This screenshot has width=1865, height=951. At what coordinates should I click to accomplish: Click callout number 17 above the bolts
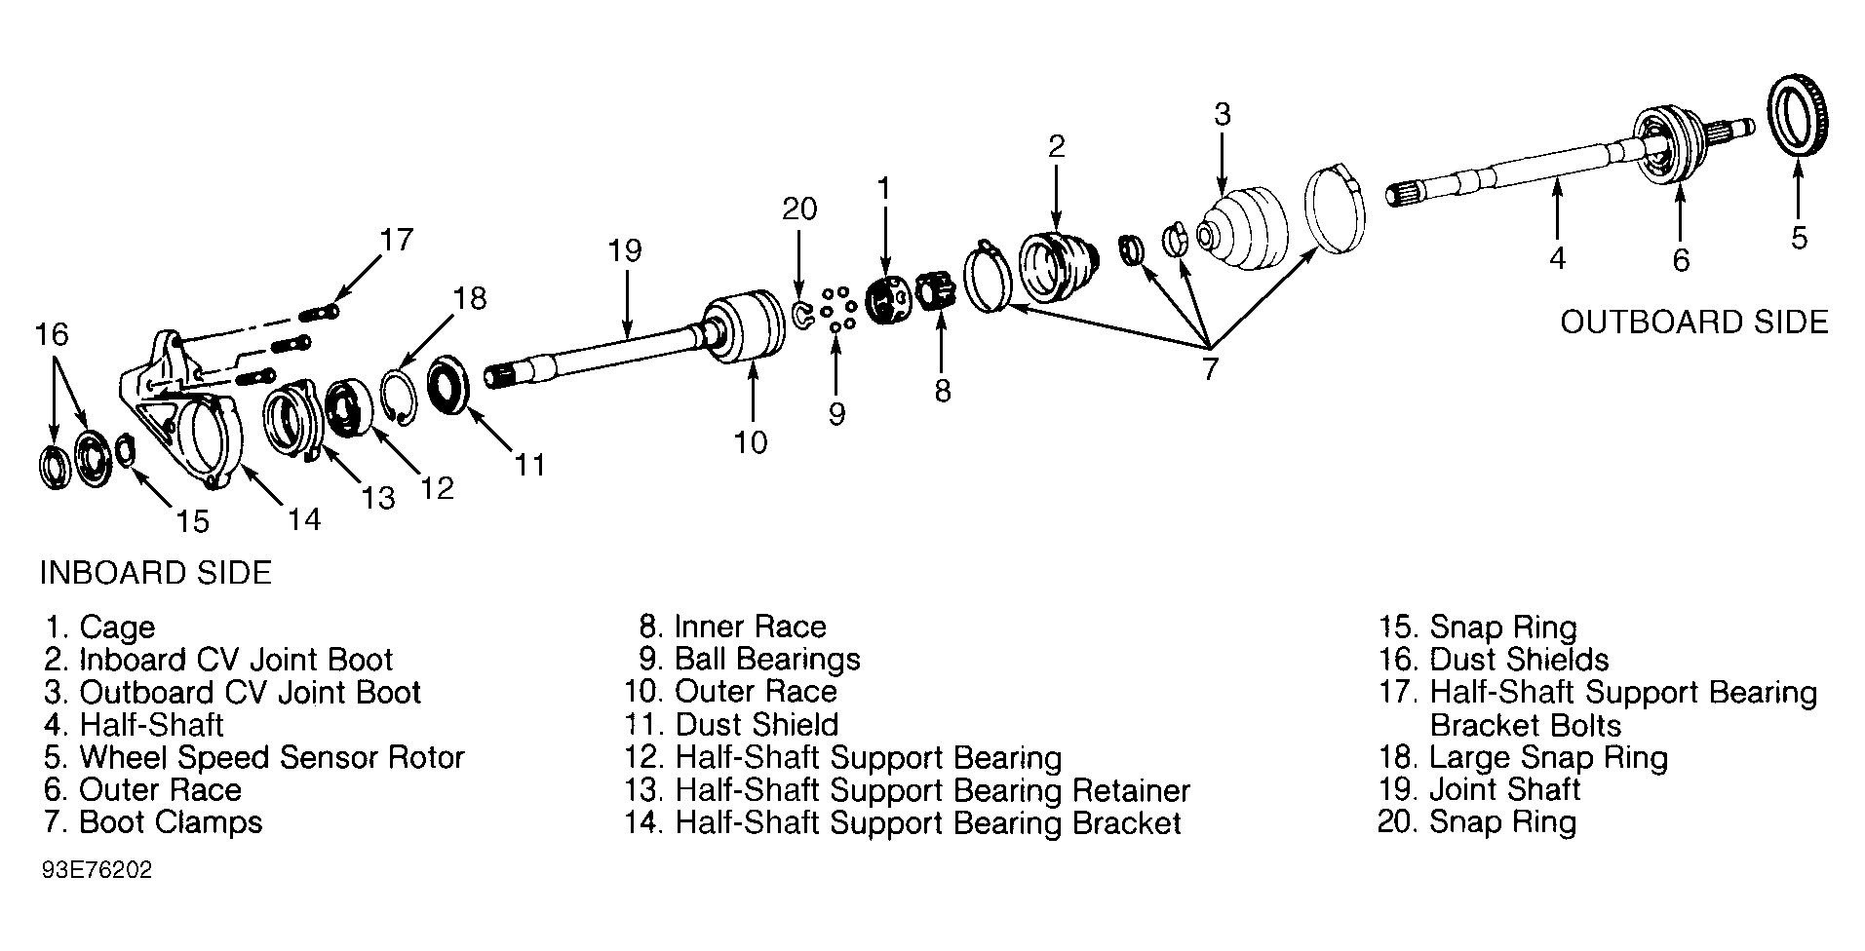click(x=397, y=240)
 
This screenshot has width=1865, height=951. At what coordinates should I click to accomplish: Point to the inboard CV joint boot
click(x=1058, y=264)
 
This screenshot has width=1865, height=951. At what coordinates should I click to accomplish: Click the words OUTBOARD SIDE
click(x=1694, y=323)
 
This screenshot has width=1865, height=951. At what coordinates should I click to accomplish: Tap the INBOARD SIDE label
click(x=155, y=572)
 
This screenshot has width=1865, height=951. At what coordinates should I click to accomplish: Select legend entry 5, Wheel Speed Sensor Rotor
click(x=254, y=757)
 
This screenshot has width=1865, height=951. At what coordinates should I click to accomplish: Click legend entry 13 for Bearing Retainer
click(x=908, y=790)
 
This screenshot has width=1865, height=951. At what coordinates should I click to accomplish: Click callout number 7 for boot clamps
click(x=1210, y=369)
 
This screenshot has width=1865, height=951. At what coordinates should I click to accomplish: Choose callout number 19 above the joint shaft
click(x=625, y=251)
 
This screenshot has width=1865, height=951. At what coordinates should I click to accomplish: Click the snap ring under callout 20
click(x=803, y=315)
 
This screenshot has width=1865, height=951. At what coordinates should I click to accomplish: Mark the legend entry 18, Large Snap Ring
click(x=1523, y=757)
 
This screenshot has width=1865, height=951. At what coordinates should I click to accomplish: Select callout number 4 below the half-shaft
click(x=1557, y=258)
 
